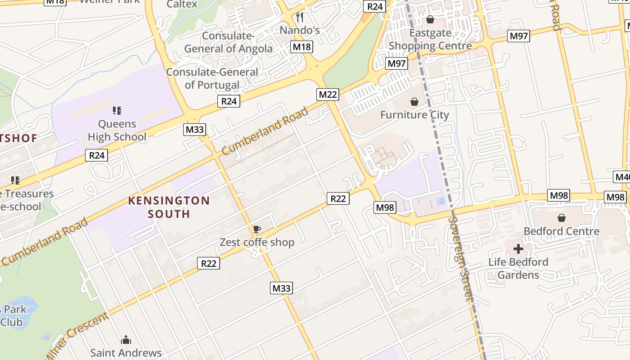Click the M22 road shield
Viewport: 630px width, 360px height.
click(x=328, y=94)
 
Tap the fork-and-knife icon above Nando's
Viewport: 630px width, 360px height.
click(x=300, y=17)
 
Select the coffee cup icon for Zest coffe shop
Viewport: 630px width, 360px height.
click(x=256, y=229)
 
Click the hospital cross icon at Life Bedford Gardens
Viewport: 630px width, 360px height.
click(x=518, y=248)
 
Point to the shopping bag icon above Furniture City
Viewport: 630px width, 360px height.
click(x=414, y=102)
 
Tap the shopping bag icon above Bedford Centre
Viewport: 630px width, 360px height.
click(x=561, y=218)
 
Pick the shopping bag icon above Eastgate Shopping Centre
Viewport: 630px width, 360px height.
click(x=430, y=19)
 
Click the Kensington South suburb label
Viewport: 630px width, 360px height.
click(x=169, y=207)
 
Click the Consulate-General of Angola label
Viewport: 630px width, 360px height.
click(x=229, y=42)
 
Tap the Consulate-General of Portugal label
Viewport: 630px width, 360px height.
click(x=212, y=78)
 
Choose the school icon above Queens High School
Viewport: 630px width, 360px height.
click(x=117, y=110)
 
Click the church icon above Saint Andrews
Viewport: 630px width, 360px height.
click(x=126, y=339)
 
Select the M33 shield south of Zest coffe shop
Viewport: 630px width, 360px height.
click(x=281, y=288)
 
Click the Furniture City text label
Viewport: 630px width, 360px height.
click(x=414, y=115)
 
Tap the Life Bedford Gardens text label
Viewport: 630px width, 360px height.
click(x=518, y=268)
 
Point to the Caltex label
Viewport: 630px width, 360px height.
click(x=182, y=4)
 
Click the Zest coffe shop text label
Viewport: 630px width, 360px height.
click(x=256, y=243)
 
